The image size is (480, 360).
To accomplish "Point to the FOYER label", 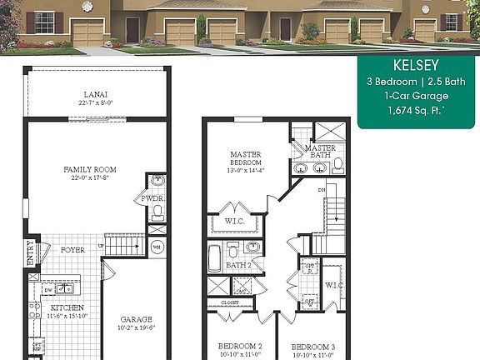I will pos(73,248).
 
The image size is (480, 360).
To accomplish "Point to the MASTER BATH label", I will pos(320,151).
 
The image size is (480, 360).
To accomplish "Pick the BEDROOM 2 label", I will pos(240,346).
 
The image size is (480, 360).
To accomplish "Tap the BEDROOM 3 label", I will pos(312,346).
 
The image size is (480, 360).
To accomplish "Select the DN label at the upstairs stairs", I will pos(322,190).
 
